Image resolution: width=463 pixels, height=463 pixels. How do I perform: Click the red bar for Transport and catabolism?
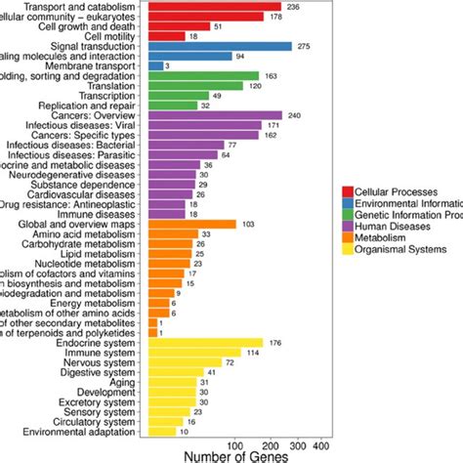pyautogui.click(x=192, y=6)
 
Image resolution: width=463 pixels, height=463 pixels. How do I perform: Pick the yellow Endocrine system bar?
pyautogui.click(x=205, y=342)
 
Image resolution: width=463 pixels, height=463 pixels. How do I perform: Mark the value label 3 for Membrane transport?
pyautogui.click(x=167, y=65)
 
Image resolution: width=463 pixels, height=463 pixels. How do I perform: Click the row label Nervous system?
pyautogui.click(x=105, y=361)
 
